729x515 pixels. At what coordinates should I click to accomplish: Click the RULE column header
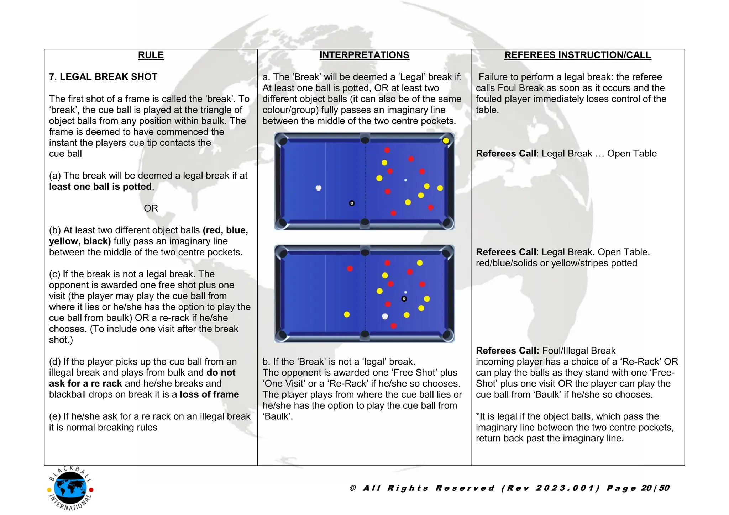[x=151, y=55]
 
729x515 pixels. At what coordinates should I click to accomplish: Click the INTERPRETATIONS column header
[x=364, y=55]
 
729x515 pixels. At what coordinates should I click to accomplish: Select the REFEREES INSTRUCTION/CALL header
[x=577, y=55]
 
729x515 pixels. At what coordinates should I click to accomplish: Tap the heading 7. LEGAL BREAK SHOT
[x=103, y=77]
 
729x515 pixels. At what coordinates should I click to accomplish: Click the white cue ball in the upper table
[x=319, y=188]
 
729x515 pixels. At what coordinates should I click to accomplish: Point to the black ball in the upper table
[x=352, y=203]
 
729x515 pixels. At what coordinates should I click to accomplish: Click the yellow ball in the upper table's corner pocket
[x=446, y=141]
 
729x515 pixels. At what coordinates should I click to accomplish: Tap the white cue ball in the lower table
[x=385, y=316]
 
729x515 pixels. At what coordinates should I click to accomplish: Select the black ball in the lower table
[x=404, y=299]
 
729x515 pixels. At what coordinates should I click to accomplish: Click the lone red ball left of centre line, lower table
[x=350, y=269]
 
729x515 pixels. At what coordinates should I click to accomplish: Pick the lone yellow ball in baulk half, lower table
[x=347, y=314]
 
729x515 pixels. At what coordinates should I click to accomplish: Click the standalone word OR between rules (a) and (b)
[x=151, y=208]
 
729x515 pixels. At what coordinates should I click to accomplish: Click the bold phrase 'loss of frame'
[x=209, y=394]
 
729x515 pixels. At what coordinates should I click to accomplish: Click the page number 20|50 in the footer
[x=655, y=488]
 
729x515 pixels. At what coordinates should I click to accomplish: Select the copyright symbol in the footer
[x=353, y=488]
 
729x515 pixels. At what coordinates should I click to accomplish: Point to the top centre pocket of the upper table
[x=365, y=140]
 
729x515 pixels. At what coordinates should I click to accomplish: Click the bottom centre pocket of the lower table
[x=365, y=334]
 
